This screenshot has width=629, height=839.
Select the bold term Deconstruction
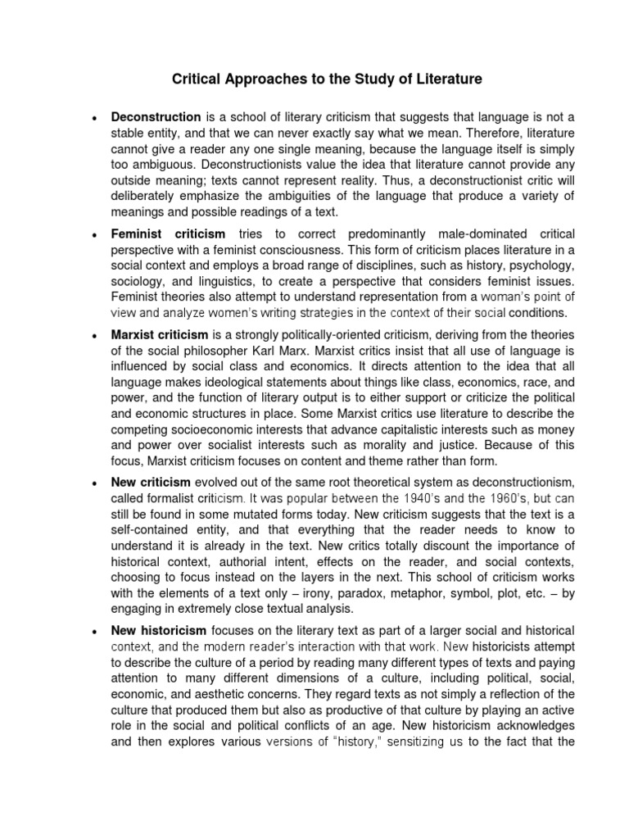156,117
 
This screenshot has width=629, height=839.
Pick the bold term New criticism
151,482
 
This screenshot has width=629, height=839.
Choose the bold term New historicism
159,630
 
